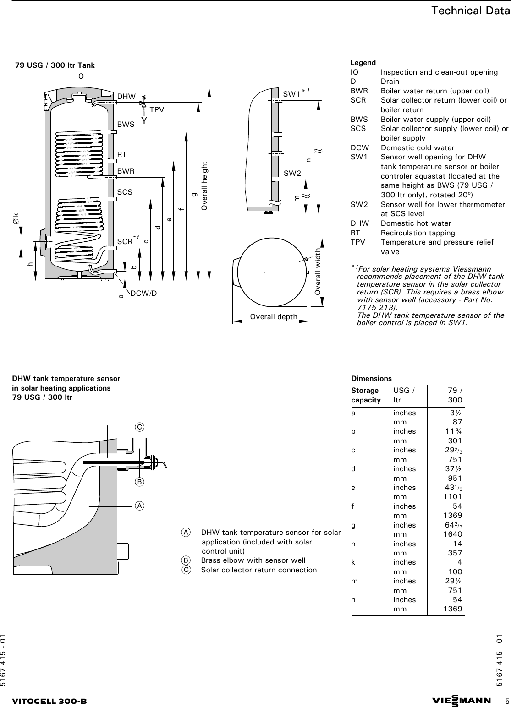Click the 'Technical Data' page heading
(x=470, y=11)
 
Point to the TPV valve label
(x=157, y=109)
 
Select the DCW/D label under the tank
(x=143, y=293)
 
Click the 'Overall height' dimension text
(x=204, y=186)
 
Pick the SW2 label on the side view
(x=292, y=173)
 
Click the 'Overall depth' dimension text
(x=274, y=317)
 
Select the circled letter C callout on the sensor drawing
(x=139, y=427)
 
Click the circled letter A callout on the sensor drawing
(x=139, y=506)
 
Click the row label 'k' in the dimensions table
(x=353, y=562)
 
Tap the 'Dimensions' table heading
(x=371, y=379)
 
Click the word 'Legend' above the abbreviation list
(x=363, y=63)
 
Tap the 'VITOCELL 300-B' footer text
(x=49, y=702)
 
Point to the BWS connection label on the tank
(x=126, y=124)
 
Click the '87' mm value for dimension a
(x=457, y=422)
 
